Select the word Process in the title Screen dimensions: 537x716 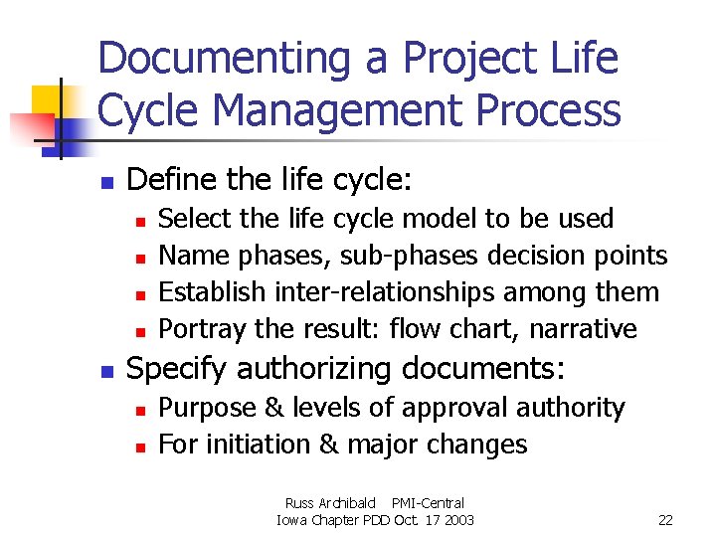click(x=548, y=110)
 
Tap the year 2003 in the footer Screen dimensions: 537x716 click(x=458, y=520)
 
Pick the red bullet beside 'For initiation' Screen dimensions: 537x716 click(x=142, y=447)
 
